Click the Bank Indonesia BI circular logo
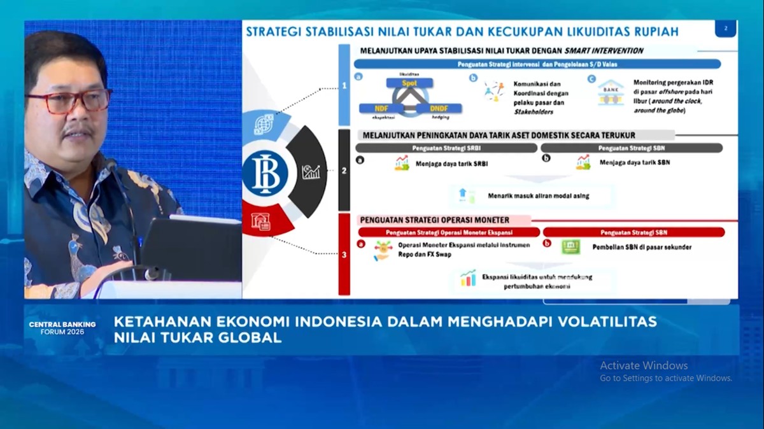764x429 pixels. coord(265,173)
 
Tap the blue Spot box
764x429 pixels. coord(409,83)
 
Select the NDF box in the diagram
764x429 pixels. coord(381,108)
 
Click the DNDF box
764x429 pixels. coord(439,108)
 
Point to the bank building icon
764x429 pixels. coord(611,92)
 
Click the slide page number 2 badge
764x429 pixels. coord(725,29)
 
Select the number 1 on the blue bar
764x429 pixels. coord(344,85)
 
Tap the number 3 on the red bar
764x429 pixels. coord(344,255)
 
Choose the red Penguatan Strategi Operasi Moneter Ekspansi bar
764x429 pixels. coord(449,232)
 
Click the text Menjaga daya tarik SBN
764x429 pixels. coord(634,162)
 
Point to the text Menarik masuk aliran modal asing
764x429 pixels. coord(538,196)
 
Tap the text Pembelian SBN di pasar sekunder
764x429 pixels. coord(641,247)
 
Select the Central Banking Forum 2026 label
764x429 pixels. coord(62,328)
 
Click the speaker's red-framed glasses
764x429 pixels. coord(69,101)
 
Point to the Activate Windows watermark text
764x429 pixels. coord(644,365)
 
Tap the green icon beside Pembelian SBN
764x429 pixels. coord(570,247)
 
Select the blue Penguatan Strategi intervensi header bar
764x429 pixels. coord(537,64)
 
